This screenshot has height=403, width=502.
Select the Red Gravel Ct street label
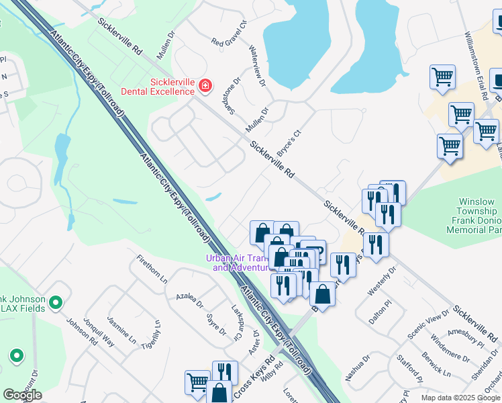[230, 42]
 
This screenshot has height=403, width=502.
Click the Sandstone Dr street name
[232, 95]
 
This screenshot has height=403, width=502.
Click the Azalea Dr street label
[189, 300]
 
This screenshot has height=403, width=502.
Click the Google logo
[22, 395]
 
